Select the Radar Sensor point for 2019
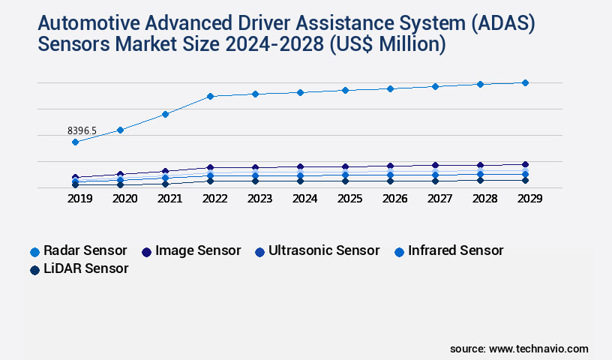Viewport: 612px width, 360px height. [75, 142]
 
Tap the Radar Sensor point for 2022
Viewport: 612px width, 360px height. [210, 96]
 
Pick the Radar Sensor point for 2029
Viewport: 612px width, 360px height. [525, 82]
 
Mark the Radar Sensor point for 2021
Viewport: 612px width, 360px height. [165, 114]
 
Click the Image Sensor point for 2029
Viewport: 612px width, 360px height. [525, 164]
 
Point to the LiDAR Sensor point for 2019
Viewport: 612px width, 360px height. [75, 184]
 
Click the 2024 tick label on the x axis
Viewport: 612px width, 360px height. [304, 199]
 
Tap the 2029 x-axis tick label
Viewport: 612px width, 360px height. [529, 199]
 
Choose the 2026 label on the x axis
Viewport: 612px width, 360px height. [394, 199]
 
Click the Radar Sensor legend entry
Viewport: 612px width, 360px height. [78, 250]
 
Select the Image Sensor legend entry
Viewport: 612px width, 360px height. [190, 250]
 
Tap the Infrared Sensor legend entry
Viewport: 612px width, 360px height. [448, 250]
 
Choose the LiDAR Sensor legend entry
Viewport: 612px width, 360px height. [78, 268]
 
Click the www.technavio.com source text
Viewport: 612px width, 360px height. [538, 349]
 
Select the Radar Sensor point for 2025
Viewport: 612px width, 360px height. [345, 90]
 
